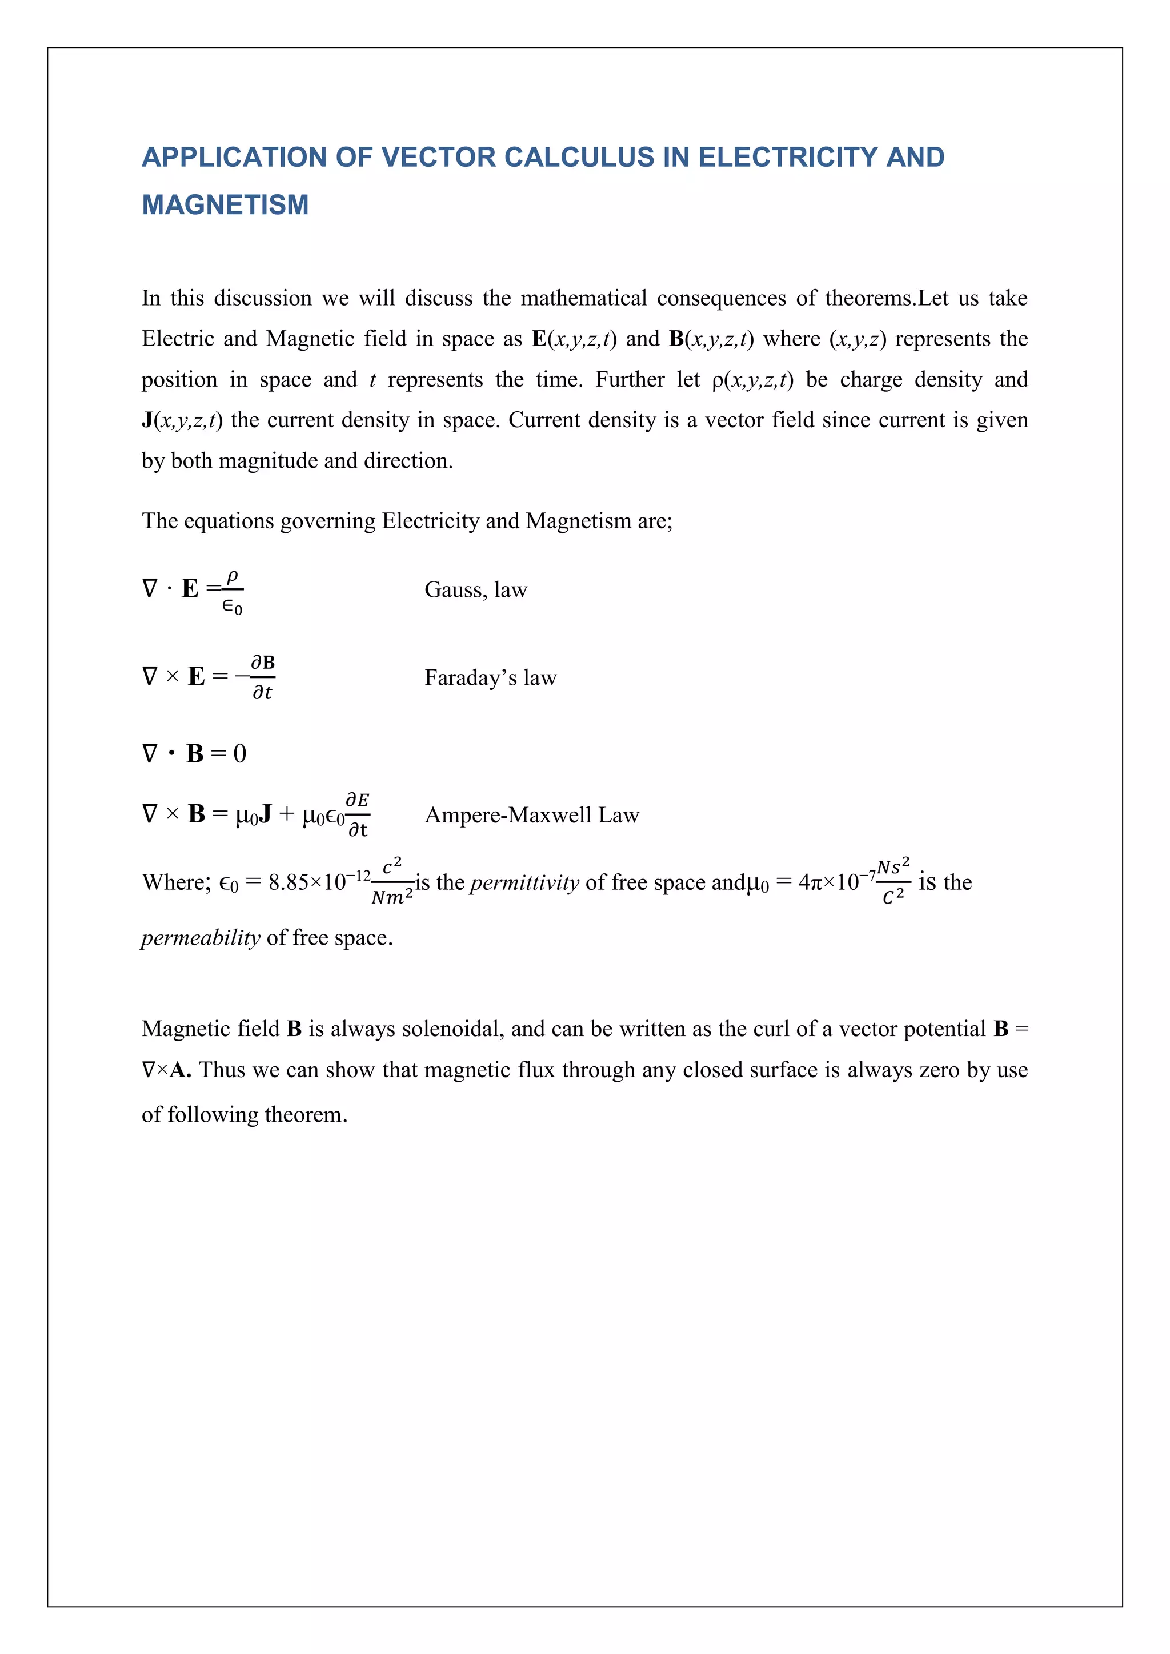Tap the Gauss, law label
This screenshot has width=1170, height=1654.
point(475,590)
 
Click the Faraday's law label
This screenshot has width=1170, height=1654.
point(490,678)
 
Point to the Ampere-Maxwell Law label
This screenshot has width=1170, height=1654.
point(532,816)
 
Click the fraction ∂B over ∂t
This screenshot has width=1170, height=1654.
point(263,678)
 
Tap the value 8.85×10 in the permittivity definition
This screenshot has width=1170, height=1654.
point(307,882)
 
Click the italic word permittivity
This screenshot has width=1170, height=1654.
point(524,882)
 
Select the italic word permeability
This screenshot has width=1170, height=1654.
point(201,938)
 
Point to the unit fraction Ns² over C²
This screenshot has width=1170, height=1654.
point(893,881)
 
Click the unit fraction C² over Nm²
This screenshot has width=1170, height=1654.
point(392,882)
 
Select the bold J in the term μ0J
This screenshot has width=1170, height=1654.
point(265,815)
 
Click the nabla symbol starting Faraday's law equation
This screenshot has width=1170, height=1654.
point(150,677)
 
